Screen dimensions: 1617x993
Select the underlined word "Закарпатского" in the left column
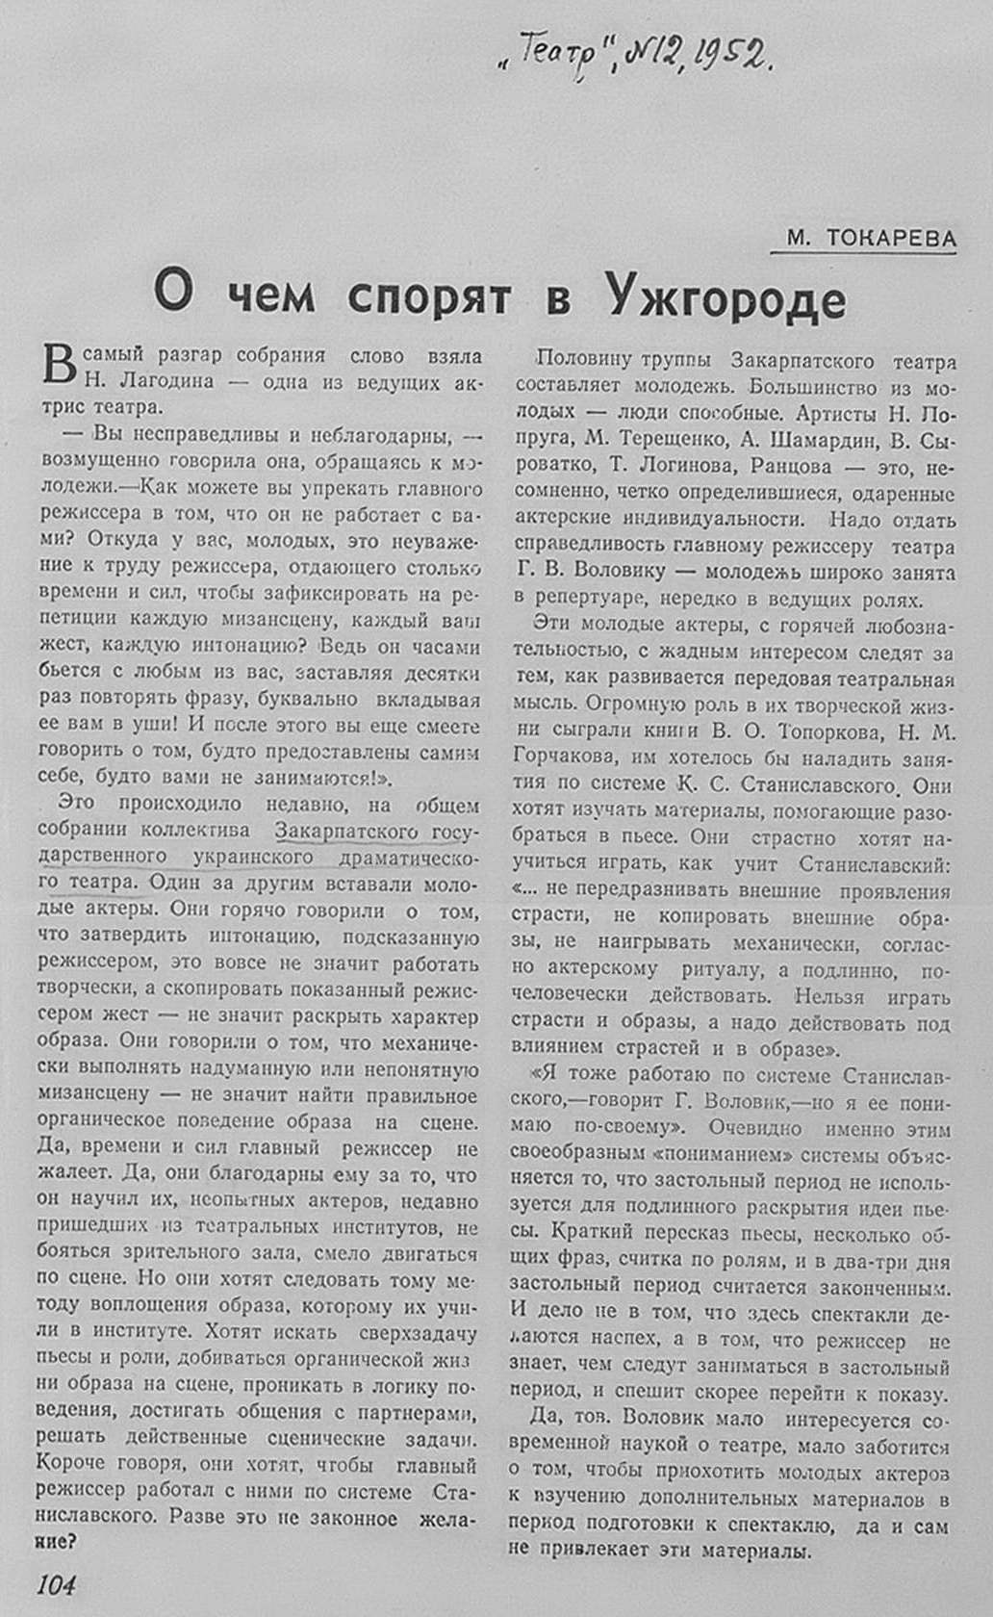pyautogui.click(x=348, y=831)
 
